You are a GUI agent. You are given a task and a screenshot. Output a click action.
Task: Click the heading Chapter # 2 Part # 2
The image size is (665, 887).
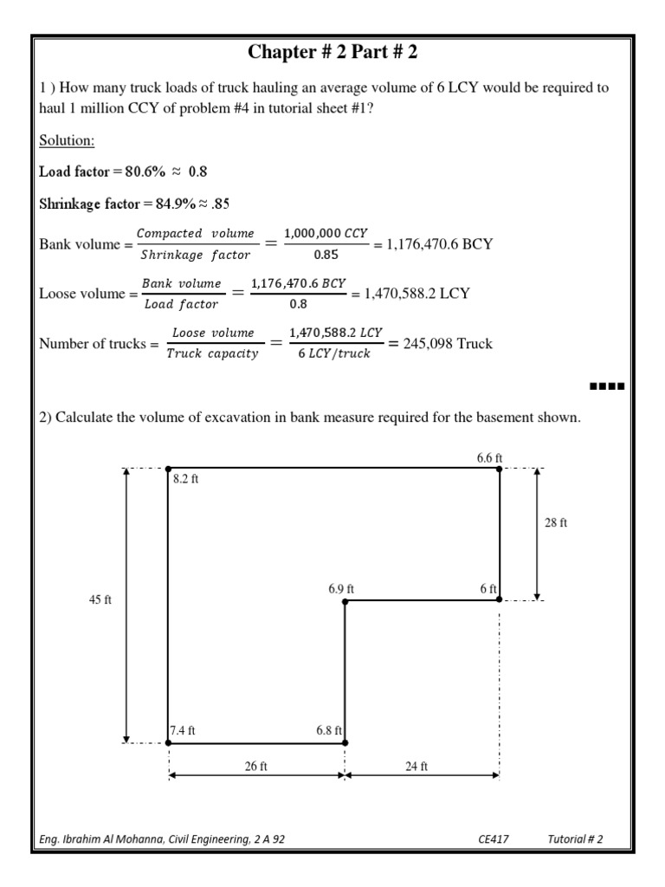click(332, 53)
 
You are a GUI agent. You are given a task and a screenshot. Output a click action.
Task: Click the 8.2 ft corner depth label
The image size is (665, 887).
click(185, 479)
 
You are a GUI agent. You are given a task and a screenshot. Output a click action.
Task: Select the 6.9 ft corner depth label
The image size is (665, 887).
click(341, 588)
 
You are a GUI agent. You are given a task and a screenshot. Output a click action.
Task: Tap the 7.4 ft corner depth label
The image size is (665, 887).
click(183, 730)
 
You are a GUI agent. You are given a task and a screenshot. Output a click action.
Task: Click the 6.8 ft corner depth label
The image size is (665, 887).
click(330, 730)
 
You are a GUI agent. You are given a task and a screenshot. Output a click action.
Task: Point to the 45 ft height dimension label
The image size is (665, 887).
click(101, 600)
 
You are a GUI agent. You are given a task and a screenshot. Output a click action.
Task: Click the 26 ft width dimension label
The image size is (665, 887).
click(256, 767)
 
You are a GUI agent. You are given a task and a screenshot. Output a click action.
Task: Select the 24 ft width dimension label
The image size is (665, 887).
click(417, 767)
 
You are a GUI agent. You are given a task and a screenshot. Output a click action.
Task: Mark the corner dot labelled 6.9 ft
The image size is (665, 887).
click(345, 599)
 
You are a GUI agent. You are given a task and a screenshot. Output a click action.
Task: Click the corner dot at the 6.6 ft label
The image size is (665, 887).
click(500, 469)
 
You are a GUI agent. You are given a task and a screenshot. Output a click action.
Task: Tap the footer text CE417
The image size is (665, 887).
click(492, 838)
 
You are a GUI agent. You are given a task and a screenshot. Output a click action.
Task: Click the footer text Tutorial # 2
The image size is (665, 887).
click(575, 838)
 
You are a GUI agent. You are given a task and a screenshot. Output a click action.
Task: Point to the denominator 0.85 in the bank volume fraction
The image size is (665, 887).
click(328, 256)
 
